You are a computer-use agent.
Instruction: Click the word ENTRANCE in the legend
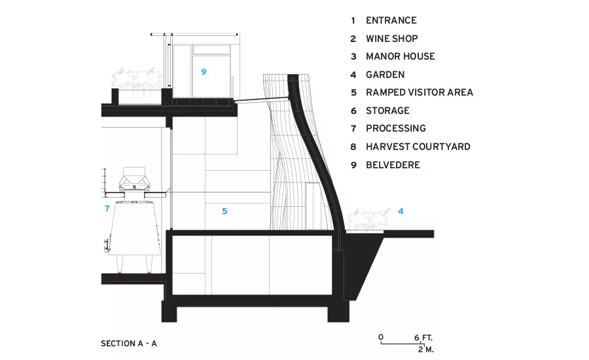pyautogui.click(x=391, y=20)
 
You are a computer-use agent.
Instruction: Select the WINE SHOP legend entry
pyautogui.click(x=392, y=39)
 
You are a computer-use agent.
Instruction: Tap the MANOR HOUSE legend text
pyautogui.click(x=401, y=56)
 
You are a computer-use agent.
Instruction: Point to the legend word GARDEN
pyautogui.click(x=385, y=75)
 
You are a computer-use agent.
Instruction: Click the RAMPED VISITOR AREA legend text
pyautogui.click(x=419, y=92)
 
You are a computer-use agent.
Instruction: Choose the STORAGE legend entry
pyautogui.click(x=387, y=111)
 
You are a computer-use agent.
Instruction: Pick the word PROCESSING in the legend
pyautogui.click(x=396, y=128)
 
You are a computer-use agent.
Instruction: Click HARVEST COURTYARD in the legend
pyautogui.click(x=418, y=147)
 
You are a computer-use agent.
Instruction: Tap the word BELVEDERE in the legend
pyautogui.click(x=393, y=164)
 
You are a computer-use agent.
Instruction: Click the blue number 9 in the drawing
pyautogui.click(x=204, y=71)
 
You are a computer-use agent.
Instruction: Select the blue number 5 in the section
pyautogui.click(x=224, y=211)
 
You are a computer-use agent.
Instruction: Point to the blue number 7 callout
pyautogui.click(x=107, y=208)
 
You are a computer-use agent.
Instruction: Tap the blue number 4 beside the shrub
pyautogui.click(x=401, y=211)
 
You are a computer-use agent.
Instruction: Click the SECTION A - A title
pyautogui.click(x=128, y=344)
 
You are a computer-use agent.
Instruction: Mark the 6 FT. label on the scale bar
pyautogui.click(x=423, y=338)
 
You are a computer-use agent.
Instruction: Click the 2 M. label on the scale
pyautogui.click(x=426, y=350)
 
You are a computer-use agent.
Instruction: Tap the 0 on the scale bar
pyautogui.click(x=381, y=337)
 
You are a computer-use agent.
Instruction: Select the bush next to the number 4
pyautogui.click(x=368, y=219)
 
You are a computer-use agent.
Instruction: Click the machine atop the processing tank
pyautogui.click(x=134, y=181)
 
